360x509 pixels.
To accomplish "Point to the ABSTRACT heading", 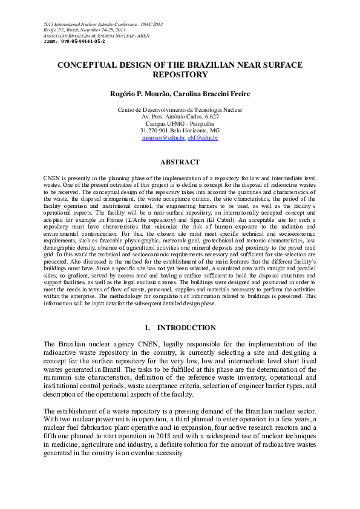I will [180, 162].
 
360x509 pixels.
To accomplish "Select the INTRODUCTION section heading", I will [186, 328].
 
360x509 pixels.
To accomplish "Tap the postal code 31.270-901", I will [154, 131].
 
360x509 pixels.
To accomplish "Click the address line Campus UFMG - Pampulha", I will [180, 123].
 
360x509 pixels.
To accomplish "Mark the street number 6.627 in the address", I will [212, 116].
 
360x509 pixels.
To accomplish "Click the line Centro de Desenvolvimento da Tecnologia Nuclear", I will [180, 109].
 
